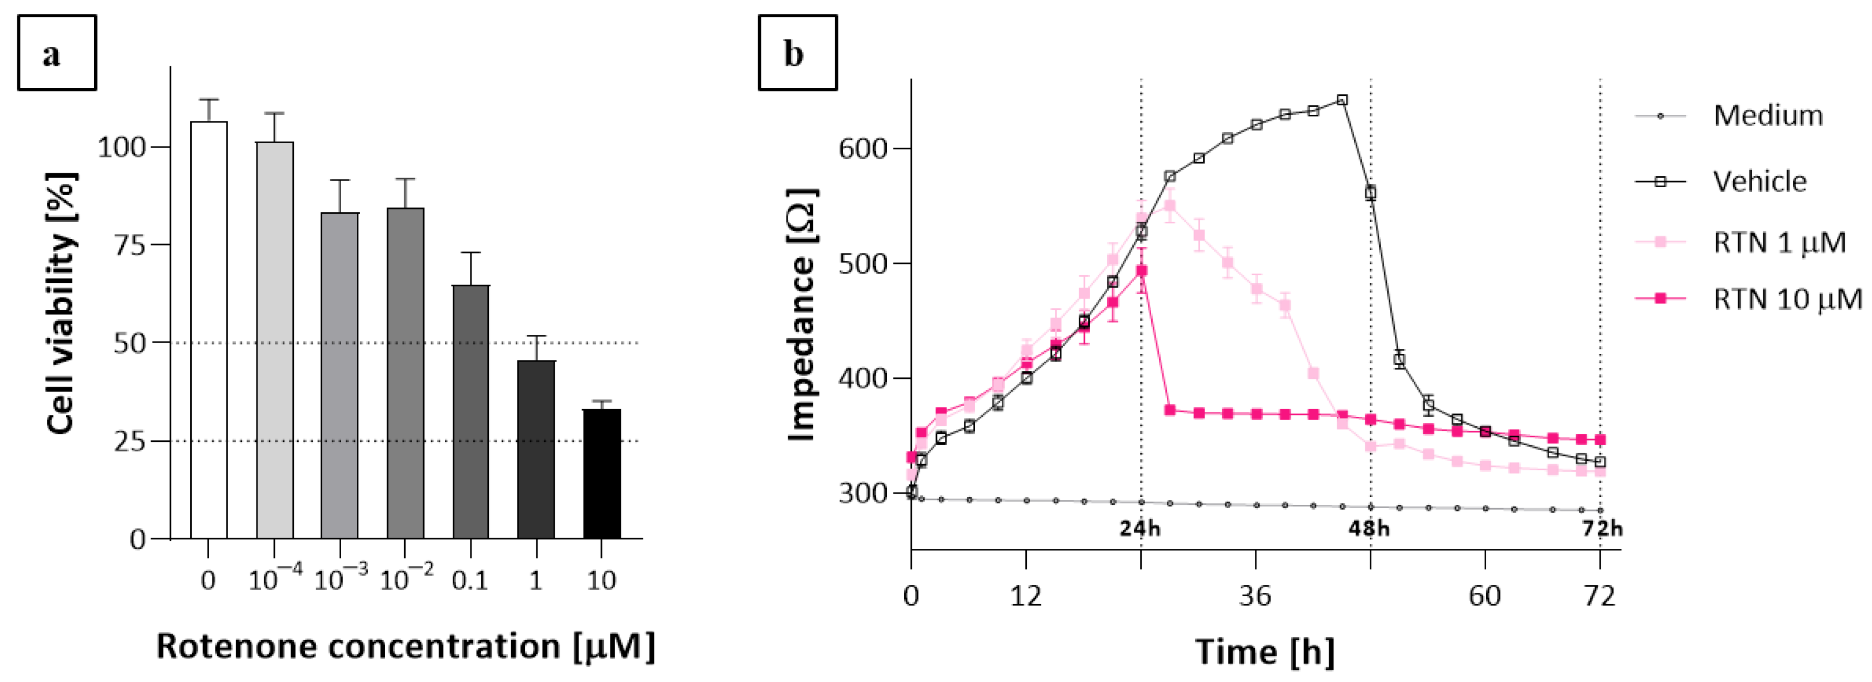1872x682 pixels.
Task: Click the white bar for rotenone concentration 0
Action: tap(208, 330)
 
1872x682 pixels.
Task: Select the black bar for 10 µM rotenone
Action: tap(602, 474)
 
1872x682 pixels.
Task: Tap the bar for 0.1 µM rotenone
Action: tap(471, 412)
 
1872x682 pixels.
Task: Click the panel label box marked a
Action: tap(57, 53)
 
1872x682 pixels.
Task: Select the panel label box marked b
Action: tap(797, 53)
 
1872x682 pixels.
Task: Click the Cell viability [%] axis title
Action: tap(61, 304)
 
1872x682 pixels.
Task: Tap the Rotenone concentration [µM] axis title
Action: tap(405, 646)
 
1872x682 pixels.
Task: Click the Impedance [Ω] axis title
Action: tap(802, 314)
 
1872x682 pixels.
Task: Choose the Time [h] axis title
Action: tap(1264, 651)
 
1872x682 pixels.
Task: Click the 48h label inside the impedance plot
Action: tap(1369, 528)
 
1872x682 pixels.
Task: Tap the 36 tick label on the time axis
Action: tap(1255, 596)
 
